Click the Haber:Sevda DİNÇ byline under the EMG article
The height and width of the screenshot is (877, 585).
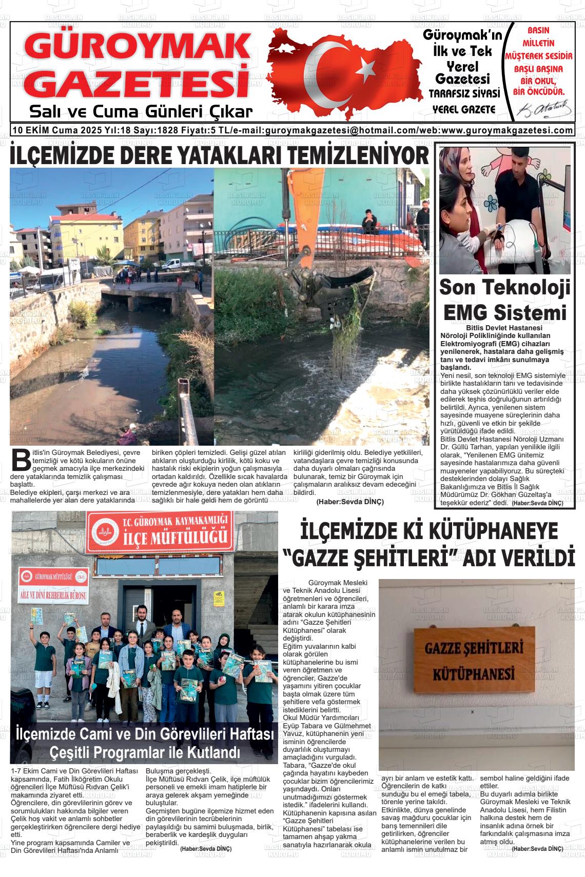point(537,504)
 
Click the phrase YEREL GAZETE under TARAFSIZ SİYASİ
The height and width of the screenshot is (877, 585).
point(464,109)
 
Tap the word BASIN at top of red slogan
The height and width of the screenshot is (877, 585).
point(538,31)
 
